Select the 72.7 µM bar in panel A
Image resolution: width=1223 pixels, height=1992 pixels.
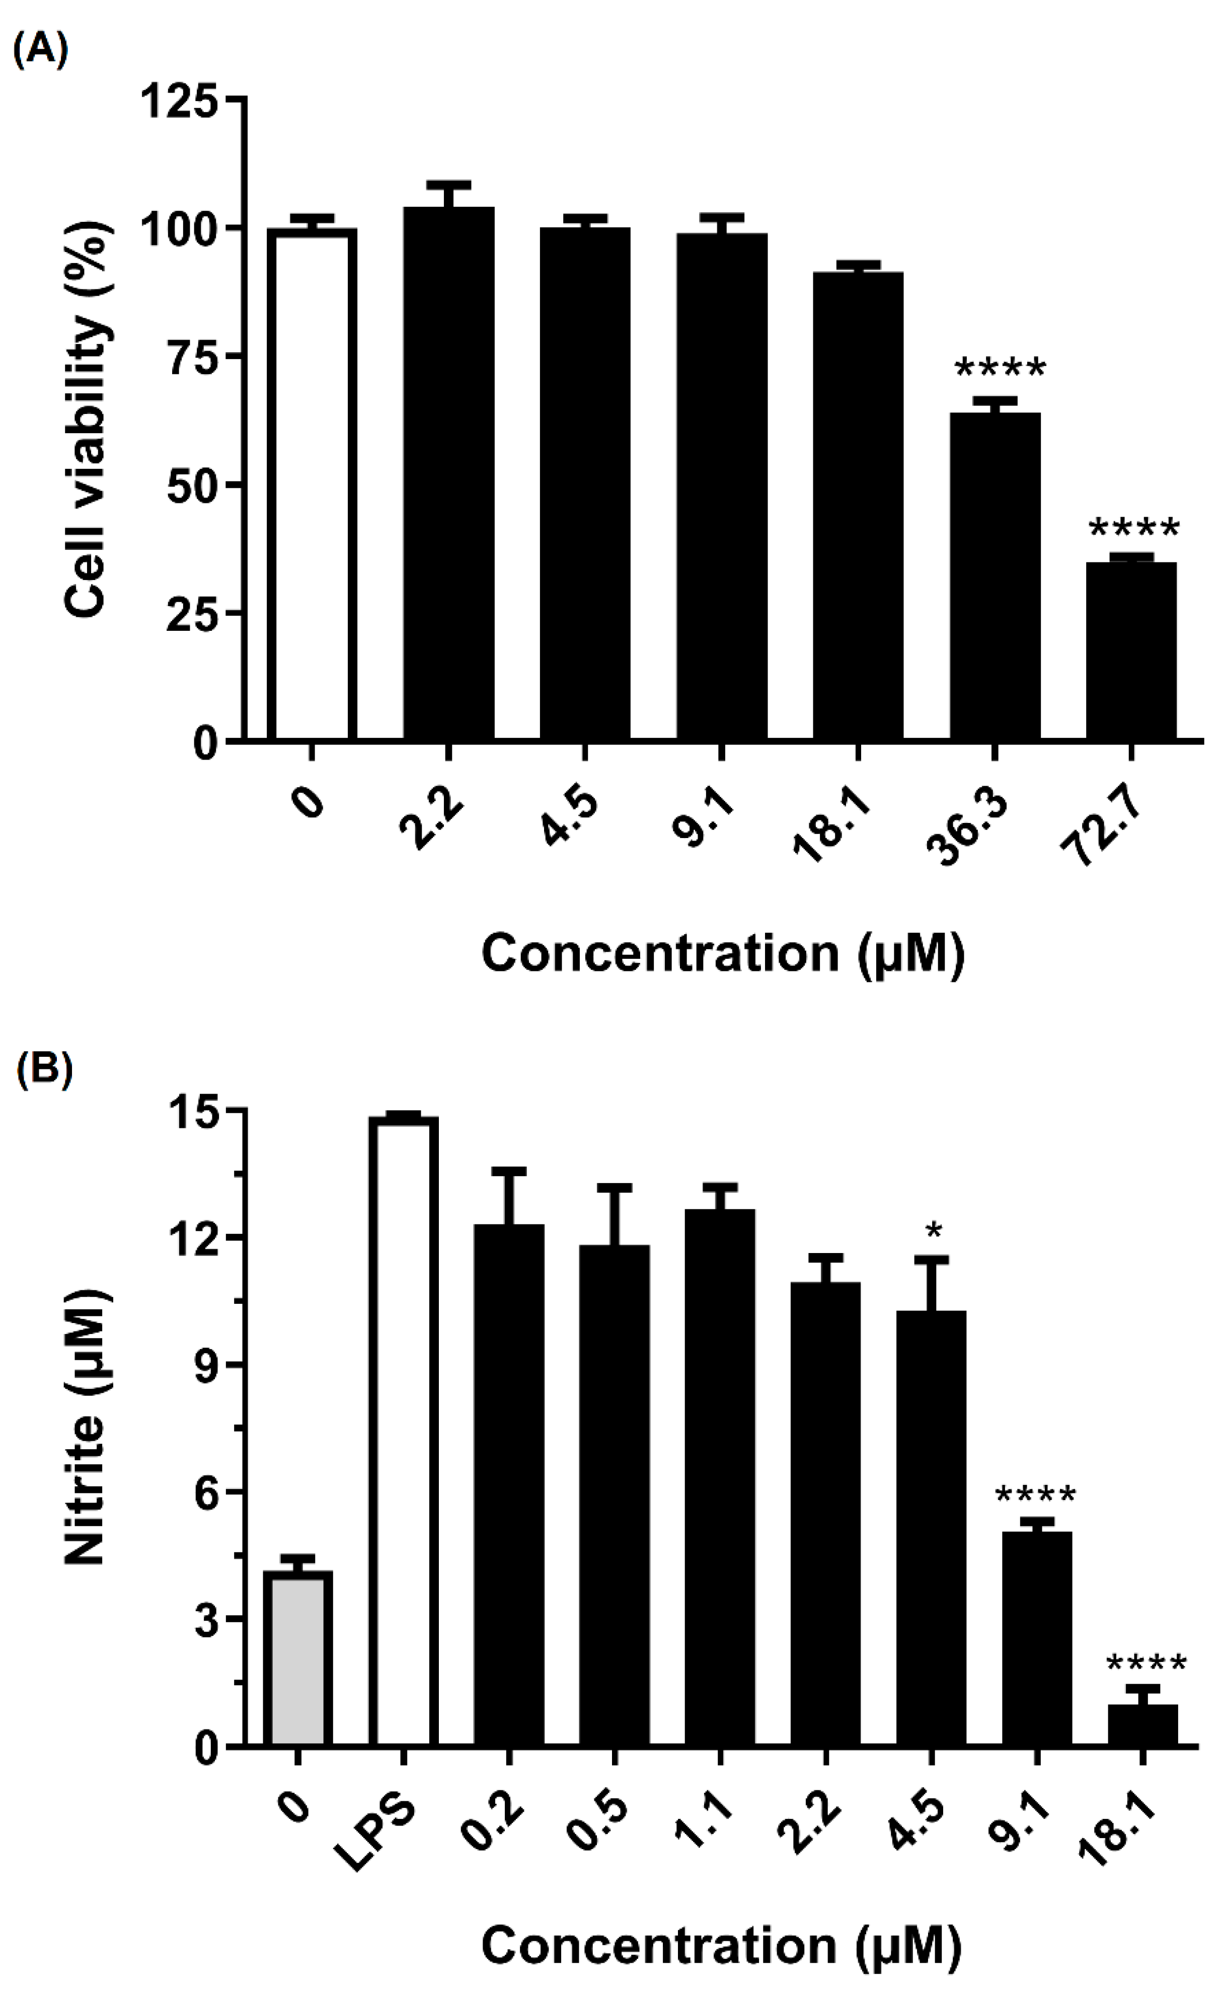(1131, 651)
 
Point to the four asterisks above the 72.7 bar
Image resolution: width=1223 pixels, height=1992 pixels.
(1134, 530)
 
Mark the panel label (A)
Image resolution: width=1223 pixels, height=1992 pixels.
(40, 51)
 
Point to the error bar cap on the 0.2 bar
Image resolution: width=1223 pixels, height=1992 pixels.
(509, 1171)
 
